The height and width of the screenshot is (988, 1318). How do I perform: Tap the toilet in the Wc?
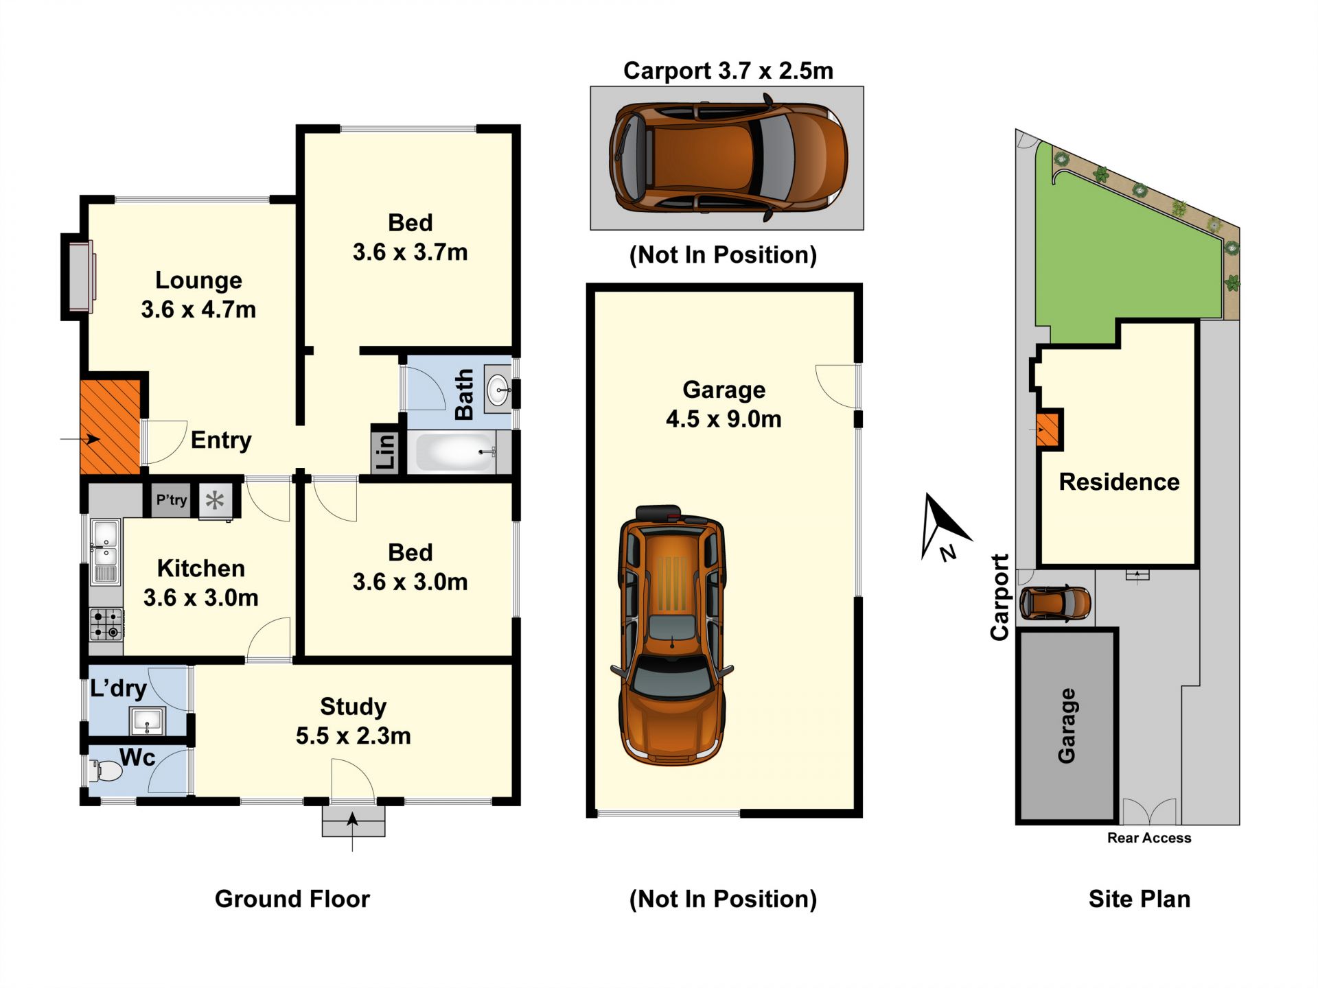click(106, 771)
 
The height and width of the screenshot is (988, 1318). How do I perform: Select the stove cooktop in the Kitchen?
click(106, 624)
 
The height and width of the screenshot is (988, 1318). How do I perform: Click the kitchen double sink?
click(105, 552)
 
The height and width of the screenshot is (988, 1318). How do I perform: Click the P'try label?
click(171, 500)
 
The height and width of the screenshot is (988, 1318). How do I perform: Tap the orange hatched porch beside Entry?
click(110, 427)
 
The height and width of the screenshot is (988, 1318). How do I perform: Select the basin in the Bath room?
click(498, 390)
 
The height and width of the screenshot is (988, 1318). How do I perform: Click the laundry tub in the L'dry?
click(146, 721)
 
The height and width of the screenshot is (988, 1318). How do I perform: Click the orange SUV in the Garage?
click(672, 635)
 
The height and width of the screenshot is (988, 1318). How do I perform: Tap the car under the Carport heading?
click(728, 158)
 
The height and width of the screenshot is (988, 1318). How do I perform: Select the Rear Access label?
click(1149, 838)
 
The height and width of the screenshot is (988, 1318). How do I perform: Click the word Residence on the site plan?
click(1119, 482)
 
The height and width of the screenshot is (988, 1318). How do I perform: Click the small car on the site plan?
click(1055, 603)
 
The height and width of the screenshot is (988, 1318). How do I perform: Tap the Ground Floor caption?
click(292, 899)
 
